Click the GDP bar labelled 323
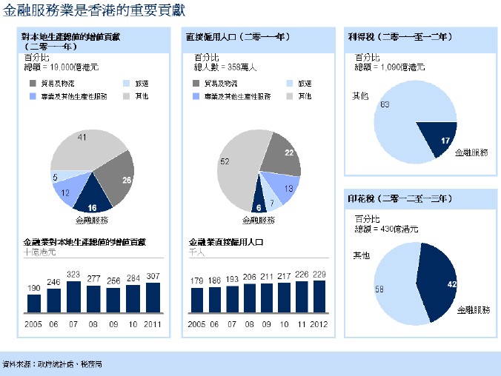pyautogui.click(x=73, y=297)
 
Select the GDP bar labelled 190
pyautogui.click(x=34, y=303)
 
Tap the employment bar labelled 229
pyautogui.click(x=319, y=296)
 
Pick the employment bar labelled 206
pyautogui.click(x=249, y=298)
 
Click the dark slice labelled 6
pyautogui.click(x=259, y=205)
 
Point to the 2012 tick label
pyautogui.click(x=319, y=325)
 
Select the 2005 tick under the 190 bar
pyautogui.click(x=33, y=325)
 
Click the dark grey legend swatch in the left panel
pyautogui.click(x=33, y=84)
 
